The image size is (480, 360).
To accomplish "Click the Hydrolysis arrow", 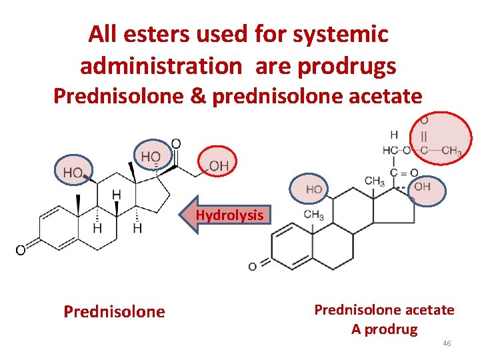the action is point(227,215).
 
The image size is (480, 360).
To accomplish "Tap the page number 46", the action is point(447,343).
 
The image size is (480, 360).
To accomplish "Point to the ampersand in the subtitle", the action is point(201,97).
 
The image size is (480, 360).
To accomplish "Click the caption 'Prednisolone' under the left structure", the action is point(114,312).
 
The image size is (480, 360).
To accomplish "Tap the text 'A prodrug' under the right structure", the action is point(385,329).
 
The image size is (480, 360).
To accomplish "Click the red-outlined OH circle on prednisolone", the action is point(218,163).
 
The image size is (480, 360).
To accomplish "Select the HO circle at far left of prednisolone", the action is point(73,172).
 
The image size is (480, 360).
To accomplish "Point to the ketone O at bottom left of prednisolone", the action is point(21,251).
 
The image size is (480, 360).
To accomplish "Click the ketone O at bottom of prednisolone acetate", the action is point(252,267).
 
